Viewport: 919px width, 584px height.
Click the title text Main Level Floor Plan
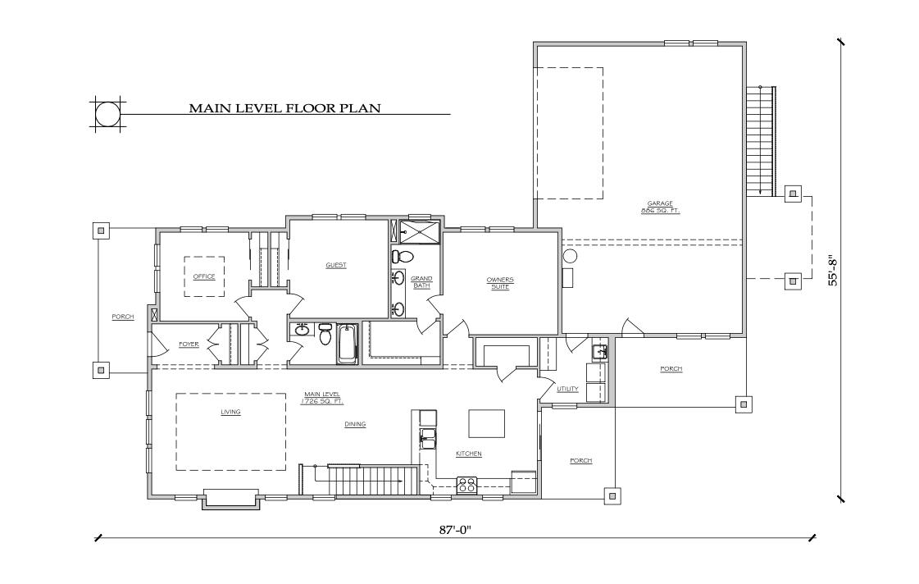tap(284, 107)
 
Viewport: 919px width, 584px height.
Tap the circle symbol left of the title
tap(107, 113)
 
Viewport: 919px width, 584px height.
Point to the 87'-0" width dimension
tap(456, 530)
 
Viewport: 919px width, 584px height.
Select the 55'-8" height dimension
tap(832, 271)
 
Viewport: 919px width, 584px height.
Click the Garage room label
tap(661, 207)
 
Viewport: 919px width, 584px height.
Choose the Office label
tap(204, 276)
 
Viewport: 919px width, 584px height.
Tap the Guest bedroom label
tap(336, 265)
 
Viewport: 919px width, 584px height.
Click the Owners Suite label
tap(499, 283)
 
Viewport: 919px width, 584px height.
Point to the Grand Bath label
tap(421, 282)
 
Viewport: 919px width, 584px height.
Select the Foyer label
tap(189, 344)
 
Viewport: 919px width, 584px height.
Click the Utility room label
tap(567, 389)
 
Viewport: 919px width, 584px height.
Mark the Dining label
tap(355, 424)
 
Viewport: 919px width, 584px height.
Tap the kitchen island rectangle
tap(488, 423)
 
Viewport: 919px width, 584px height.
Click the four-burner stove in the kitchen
tap(467, 485)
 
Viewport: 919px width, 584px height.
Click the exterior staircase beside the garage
tap(761, 141)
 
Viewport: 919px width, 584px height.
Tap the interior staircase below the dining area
tap(362, 480)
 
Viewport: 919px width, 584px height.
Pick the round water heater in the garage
tap(571, 256)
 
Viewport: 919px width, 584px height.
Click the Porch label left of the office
tap(123, 317)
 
